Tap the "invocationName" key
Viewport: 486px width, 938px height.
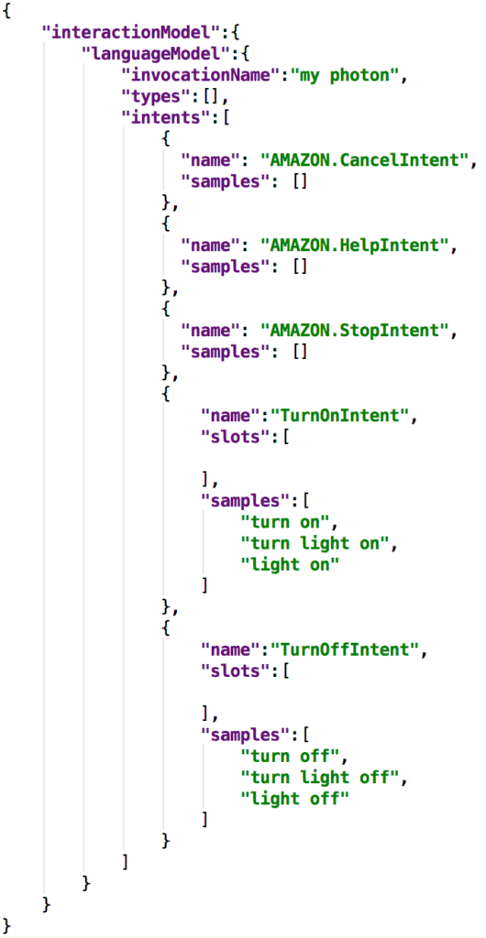point(202,76)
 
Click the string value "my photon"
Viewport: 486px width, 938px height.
point(349,76)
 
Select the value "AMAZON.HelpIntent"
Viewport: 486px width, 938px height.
point(354,245)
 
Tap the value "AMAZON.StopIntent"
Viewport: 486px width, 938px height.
point(354,331)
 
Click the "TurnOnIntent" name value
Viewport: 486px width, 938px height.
point(339,416)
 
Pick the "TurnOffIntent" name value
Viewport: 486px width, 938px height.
point(344,649)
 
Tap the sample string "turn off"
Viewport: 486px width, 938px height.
point(291,756)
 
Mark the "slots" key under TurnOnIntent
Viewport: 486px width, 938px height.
point(232,437)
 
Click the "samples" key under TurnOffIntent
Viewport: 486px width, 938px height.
point(242,735)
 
